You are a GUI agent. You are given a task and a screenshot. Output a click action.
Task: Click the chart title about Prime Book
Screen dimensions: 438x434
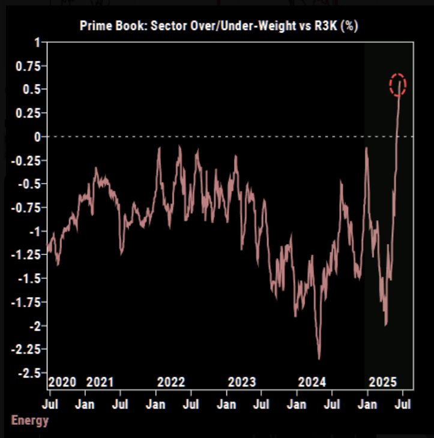(219, 26)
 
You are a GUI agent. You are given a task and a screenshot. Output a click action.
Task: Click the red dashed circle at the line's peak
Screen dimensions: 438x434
(398, 85)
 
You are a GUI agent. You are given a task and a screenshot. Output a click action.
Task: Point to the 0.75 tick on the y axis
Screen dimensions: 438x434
(28, 66)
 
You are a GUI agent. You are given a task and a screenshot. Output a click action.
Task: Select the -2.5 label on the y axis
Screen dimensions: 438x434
(28, 373)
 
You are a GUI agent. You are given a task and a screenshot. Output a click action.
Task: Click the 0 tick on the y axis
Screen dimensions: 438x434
(37, 137)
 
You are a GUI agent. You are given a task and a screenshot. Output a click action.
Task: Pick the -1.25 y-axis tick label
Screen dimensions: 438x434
(26, 254)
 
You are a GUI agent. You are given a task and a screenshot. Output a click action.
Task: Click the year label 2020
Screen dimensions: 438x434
(62, 382)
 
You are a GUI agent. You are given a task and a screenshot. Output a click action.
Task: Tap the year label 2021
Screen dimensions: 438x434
(100, 382)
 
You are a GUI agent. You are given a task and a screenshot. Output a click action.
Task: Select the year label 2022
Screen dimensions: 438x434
(171, 382)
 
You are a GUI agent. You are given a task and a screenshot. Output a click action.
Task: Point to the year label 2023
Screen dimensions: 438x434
(242, 382)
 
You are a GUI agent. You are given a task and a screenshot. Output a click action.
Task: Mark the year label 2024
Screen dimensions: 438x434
(312, 382)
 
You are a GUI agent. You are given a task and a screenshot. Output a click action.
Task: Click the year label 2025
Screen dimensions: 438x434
(382, 382)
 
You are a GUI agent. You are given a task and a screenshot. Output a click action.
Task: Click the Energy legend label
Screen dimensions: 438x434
(30, 420)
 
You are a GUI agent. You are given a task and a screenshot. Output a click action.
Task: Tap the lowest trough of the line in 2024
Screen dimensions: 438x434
(319, 358)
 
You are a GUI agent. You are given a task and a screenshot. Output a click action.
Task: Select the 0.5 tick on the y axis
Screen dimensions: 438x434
(31, 89)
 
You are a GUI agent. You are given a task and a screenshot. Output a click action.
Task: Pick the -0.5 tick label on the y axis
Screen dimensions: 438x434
(28, 184)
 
